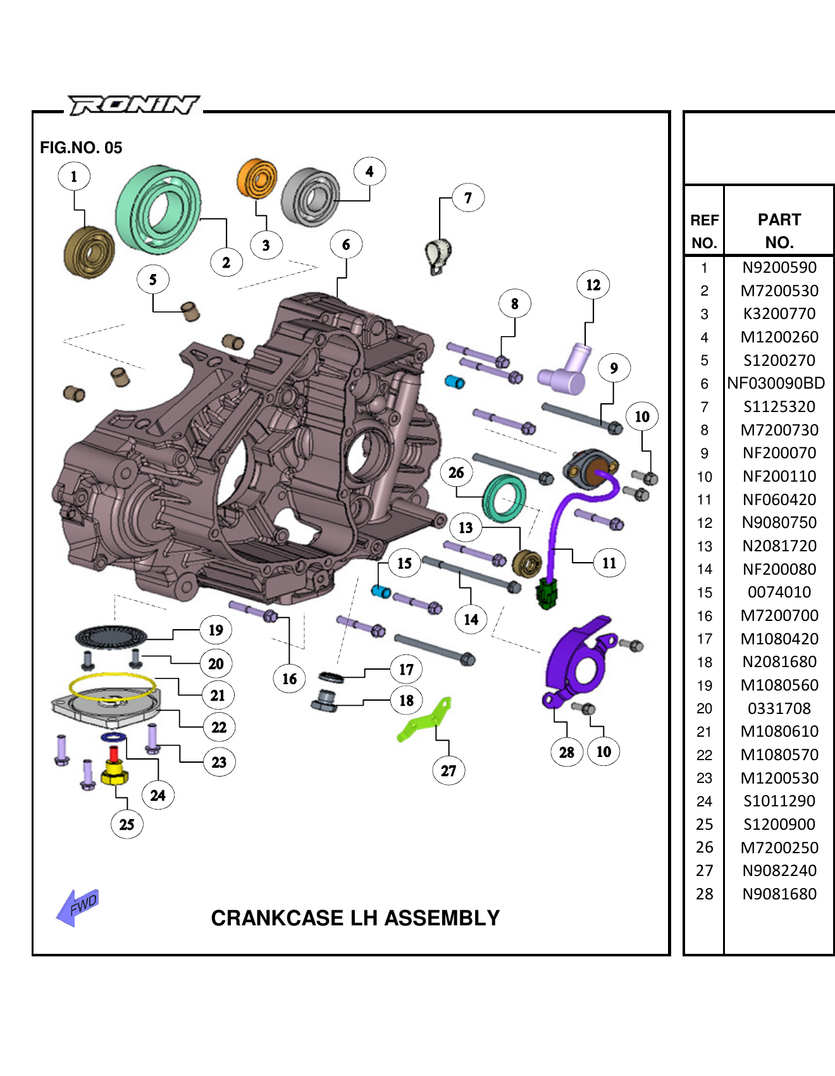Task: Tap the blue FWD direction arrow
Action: tap(78, 907)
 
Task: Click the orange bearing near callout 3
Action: tap(257, 178)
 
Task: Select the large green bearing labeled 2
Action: tap(158, 209)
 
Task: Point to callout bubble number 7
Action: tap(468, 198)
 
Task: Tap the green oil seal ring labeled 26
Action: tap(504, 498)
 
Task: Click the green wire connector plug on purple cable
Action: tap(546, 593)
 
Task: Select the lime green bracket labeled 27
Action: tap(425, 722)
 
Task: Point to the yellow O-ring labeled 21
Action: tap(112, 686)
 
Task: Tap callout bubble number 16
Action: tap(289, 679)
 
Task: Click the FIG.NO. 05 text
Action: tap(81, 147)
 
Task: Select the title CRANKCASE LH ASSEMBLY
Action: tap(355, 918)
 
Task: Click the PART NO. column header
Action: tap(779, 231)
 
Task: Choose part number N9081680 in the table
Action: tap(779, 894)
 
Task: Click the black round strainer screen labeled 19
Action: tap(111, 635)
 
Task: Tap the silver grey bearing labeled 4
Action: tap(310, 197)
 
